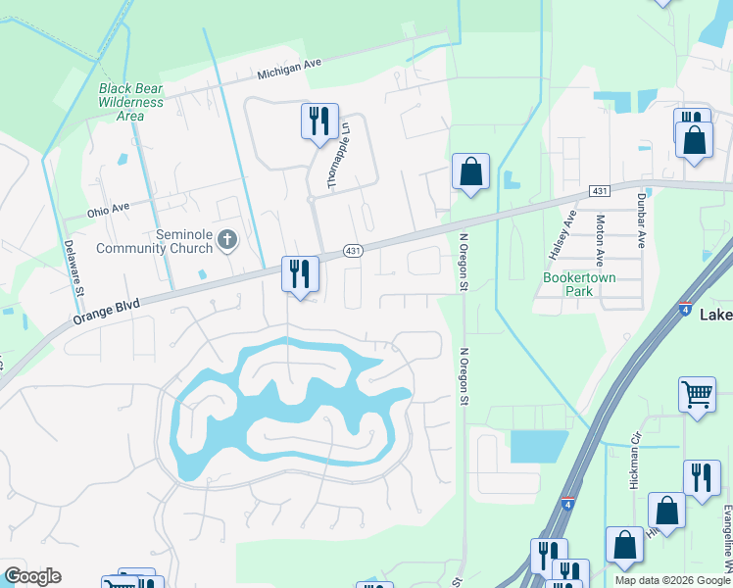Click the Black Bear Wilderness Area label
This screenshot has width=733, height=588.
point(130,102)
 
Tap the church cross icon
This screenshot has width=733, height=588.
point(227,239)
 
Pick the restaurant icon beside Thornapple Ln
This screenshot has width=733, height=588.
point(319,122)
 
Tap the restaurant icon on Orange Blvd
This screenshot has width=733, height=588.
point(300,273)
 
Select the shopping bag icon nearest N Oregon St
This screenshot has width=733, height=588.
point(470,171)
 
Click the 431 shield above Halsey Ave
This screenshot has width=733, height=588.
point(600,190)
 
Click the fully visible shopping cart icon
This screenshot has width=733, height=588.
point(697,395)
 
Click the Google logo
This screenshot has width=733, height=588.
point(32,576)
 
